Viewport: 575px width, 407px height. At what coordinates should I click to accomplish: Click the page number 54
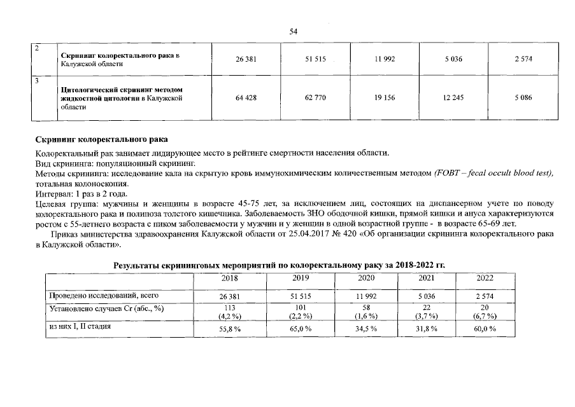(x=294, y=31)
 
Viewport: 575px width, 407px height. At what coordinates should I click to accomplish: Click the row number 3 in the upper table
(x=38, y=81)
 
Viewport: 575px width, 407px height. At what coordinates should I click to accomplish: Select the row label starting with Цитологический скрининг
(x=121, y=98)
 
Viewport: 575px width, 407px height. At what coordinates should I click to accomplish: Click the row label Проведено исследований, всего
(x=104, y=296)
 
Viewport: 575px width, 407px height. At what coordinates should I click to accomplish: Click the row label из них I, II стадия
(x=80, y=326)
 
